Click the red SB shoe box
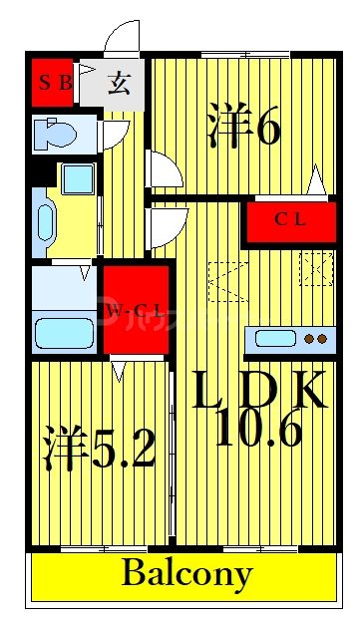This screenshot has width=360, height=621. tap(54, 83)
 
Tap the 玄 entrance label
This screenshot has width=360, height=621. tap(120, 82)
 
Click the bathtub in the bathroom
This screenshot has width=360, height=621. tap(65, 330)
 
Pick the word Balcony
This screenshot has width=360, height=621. tap(187, 574)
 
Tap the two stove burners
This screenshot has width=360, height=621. tap(315, 339)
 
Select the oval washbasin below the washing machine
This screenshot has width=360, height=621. tap(46, 220)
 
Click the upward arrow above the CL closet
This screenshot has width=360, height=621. tap(317, 183)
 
